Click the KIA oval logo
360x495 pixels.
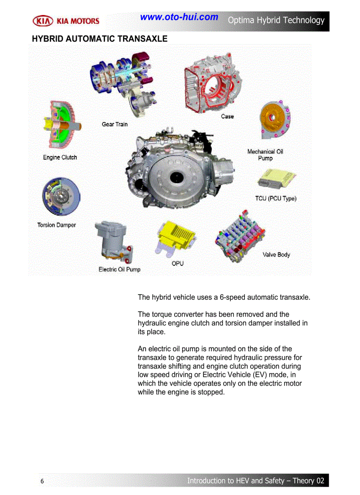[x=43, y=21]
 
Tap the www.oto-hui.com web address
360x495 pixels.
[x=179, y=17]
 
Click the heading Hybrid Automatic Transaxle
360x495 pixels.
[x=100, y=39]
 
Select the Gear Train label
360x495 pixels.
[x=115, y=124]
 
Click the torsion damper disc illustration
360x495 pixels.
[x=61, y=196]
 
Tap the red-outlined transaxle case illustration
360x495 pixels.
[x=212, y=83]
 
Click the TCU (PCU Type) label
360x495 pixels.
[x=276, y=198]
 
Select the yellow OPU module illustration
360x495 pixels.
[x=176, y=237]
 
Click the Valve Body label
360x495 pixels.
[x=276, y=255]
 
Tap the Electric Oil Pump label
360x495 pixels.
[x=120, y=269]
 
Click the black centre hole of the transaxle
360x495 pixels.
[x=176, y=177]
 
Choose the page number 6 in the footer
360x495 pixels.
[x=42, y=481]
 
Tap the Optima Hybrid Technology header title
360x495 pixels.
[x=276, y=20]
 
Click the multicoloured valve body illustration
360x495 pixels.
[x=240, y=236]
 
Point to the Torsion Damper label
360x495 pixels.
[x=56, y=225]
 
